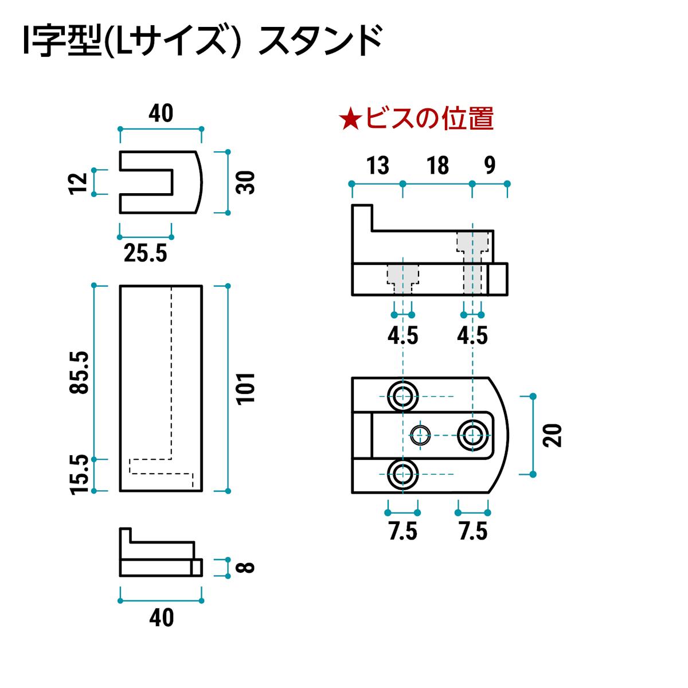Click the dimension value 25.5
(146, 253)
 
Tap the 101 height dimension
(245, 388)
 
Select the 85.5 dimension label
(80, 372)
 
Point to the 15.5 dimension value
(80, 474)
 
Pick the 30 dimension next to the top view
(245, 182)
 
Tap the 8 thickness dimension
(245, 567)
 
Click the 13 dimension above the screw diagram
(378, 166)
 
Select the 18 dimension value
(437, 166)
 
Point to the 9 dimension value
(489, 166)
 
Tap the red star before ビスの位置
(349, 119)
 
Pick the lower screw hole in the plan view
(403, 474)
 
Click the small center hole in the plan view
(421, 435)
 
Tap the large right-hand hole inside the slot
(472, 435)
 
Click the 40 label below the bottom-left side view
(161, 618)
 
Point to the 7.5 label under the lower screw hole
(403, 531)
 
